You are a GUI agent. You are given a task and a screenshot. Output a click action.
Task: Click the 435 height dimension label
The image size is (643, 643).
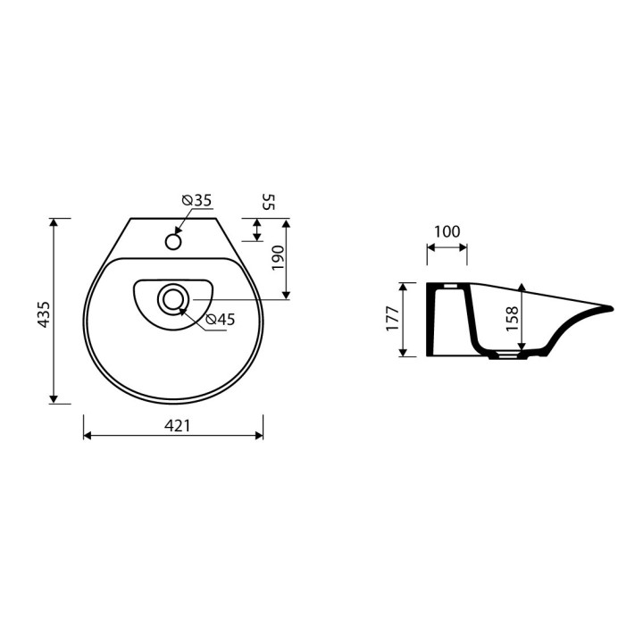(x=44, y=314)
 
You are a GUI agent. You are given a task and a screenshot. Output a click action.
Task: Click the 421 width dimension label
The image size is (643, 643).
(x=177, y=426)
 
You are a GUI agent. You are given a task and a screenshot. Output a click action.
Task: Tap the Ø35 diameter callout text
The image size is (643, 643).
(x=196, y=200)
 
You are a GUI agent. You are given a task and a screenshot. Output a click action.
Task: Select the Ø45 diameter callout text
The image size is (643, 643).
(x=221, y=319)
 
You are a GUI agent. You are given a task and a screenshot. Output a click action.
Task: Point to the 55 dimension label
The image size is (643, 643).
(x=268, y=202)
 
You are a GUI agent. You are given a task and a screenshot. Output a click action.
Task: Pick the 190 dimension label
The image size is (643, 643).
(x=278, y=258)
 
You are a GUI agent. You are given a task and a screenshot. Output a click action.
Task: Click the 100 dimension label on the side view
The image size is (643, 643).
(x=447, y=231)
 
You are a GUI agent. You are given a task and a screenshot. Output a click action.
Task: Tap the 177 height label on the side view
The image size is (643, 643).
(x=392, y=319)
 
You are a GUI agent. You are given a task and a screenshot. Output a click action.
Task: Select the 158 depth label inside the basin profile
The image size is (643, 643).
(x=513, y=319)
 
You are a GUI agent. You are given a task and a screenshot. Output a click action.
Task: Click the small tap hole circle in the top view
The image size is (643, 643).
(x=173, y=241)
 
